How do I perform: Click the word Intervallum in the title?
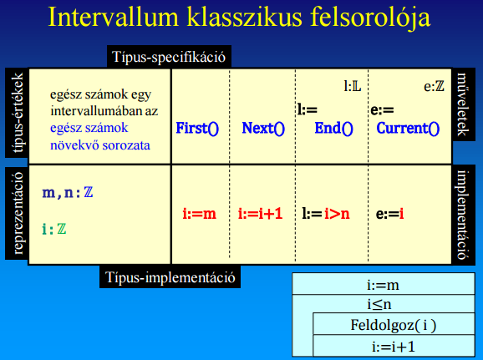[114, 18]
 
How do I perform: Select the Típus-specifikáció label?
[169, 57]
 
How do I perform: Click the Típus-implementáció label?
[170, 277]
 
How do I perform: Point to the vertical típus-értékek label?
[17, 113]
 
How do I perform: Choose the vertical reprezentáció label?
[18, 213]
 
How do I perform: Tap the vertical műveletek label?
[463, 104]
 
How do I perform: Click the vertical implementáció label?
[463, 215]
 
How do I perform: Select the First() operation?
[197, 128]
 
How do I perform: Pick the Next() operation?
[263, 128]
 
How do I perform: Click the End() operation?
[333, 128]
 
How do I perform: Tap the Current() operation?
[408, 128]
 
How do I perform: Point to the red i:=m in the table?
[199, 214]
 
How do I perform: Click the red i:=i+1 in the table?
[260, 214]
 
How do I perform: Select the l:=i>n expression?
[326, 214]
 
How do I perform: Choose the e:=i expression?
[389, 214]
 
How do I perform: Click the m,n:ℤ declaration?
[68, 193]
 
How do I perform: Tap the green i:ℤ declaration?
[54, 230]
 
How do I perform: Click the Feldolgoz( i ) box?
[394, 324]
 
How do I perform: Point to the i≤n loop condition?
[379, 304]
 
